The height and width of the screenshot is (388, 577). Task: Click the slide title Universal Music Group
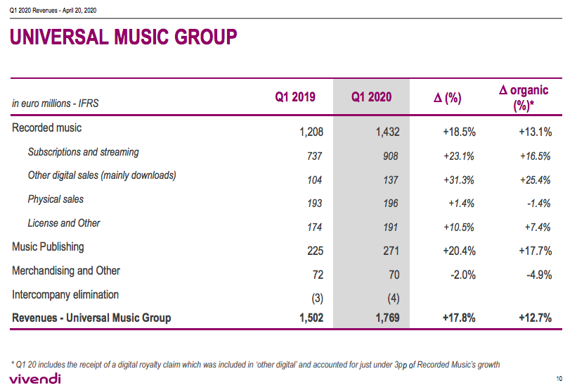123,37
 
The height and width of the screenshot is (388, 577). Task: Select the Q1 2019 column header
294,97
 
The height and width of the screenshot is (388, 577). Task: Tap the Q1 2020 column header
371,97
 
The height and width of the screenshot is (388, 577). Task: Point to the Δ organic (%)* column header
524,98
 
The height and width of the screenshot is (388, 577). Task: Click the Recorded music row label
46,128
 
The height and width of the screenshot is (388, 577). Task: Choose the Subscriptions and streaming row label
83,152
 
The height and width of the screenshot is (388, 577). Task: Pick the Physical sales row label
56,199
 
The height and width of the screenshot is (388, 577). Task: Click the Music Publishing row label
48,247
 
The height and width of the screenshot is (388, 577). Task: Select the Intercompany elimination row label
65,294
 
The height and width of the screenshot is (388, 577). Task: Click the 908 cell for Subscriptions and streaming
389,156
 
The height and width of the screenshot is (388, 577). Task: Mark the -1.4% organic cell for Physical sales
538,204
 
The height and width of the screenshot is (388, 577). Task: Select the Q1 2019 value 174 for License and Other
314,227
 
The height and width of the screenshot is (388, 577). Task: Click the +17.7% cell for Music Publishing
535,251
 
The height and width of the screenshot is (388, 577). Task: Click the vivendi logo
35,379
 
